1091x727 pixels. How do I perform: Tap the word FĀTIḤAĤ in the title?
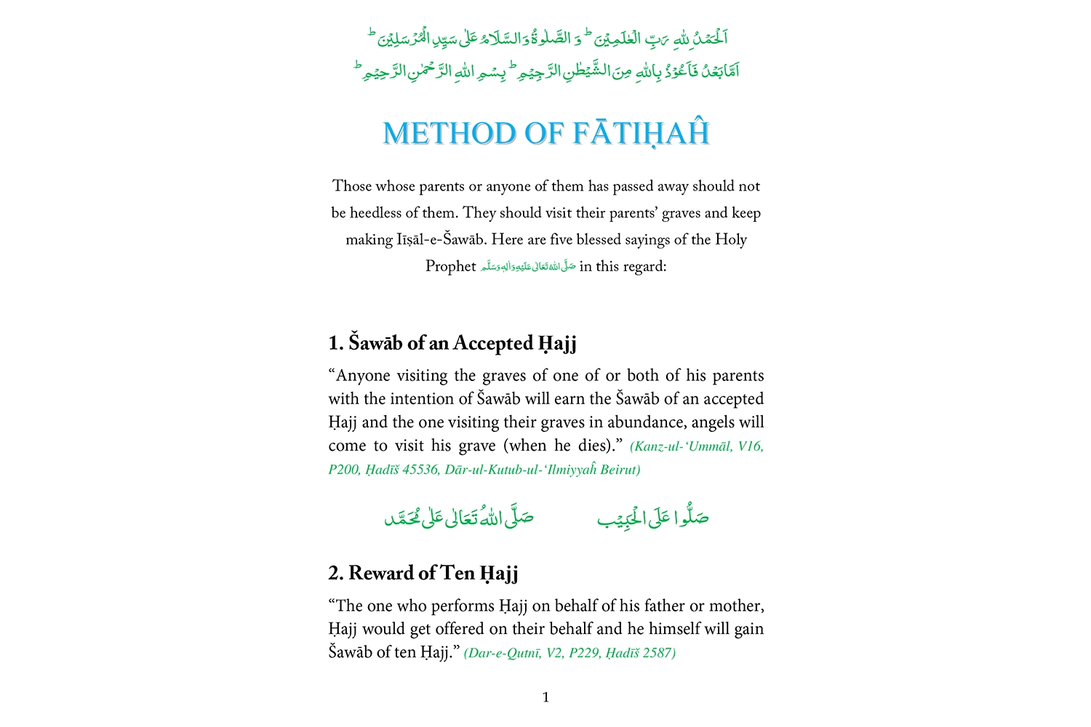coord(641,134)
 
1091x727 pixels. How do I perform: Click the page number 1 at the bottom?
coord(545,698)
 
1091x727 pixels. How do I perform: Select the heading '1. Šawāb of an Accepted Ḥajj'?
coord(452,343)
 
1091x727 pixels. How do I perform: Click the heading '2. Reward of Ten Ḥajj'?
coord(423,574)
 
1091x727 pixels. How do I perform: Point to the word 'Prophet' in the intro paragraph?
coord(450,267)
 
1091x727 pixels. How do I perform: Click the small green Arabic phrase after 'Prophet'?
coord(528,267)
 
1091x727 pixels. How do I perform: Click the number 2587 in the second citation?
coord(658,653)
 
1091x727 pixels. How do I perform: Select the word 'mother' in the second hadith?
coord(738,606)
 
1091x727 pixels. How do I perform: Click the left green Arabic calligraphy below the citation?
coord(459,518)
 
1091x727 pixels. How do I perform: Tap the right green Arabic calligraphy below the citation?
coord(652,518)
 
